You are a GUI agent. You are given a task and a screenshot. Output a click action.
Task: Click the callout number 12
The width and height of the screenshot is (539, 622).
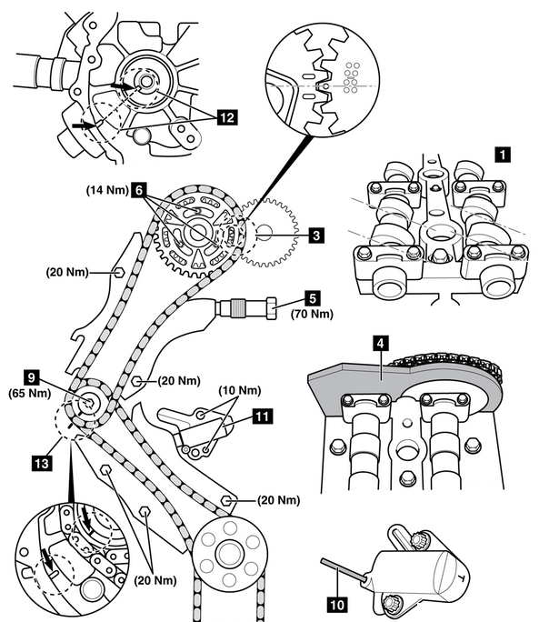(227, 118)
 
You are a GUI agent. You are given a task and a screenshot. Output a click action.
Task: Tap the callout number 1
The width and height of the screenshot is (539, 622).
(504, 154)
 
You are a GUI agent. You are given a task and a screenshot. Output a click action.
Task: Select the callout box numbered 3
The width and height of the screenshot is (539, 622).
(316, 236)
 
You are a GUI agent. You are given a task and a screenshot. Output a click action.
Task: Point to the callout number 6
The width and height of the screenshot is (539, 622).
(139, 190)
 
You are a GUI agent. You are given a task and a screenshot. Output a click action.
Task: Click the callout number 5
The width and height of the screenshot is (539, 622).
(313, 299)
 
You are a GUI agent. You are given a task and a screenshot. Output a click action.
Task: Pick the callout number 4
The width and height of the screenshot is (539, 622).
(380, 344)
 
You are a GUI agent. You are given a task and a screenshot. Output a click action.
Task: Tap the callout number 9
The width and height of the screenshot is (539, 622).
(32, 377)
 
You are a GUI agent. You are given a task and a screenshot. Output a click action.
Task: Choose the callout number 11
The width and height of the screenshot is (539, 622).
(262, 416)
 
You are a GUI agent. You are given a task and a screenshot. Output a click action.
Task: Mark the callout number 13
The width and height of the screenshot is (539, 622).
(42, 463)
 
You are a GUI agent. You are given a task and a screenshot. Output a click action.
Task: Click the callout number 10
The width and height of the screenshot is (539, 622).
(337, 606)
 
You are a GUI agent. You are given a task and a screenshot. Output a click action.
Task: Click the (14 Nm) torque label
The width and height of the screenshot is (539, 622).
(107, 190)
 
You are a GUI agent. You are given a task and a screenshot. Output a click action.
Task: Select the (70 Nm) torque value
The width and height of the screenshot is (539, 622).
(312, 314)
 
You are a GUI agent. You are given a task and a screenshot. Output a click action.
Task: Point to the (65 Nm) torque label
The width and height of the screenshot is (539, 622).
(30, 394)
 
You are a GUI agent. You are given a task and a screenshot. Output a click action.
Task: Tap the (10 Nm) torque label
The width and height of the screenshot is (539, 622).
(240, 391)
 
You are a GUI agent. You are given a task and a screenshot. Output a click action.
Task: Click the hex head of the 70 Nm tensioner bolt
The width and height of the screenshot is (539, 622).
(271, 308)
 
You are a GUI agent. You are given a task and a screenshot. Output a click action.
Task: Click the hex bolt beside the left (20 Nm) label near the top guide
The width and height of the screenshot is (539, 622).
(118, 273)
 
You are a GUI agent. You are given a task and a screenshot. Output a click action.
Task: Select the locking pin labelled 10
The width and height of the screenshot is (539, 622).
(343, 570)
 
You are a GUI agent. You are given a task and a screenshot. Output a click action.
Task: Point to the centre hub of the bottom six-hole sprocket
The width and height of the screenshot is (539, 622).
(229, 552)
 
